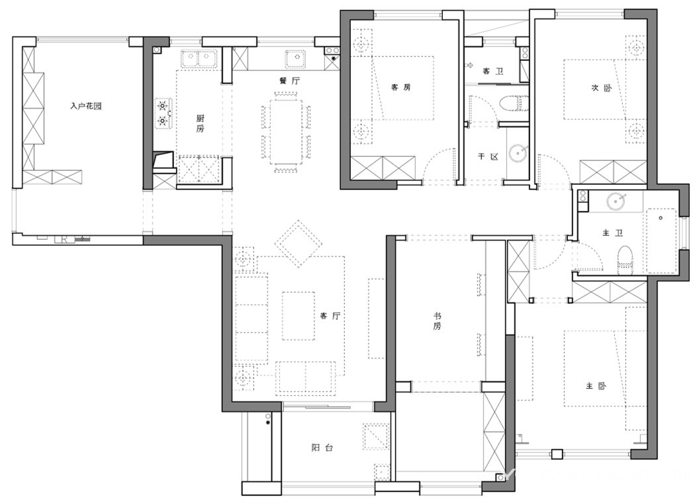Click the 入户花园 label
[x=86, y=106]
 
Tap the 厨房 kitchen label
[x=201, y=123]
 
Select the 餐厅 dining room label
[x=289, y=81]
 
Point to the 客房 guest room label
[x=400, y=87]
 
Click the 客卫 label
[x=493, y=71]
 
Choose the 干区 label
[x=488, y=156]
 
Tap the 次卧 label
[x=601, y=87]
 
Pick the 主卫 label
[x=612, y=232]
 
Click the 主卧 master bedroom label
[x=596, y=386]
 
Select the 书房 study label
[x=438, y=321]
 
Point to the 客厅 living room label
[x=330, y=316]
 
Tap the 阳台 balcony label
[x=322, y=448]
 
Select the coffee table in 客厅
[x=299, y=315]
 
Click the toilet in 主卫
[x=626, y=258]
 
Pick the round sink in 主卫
[x=616, y=201]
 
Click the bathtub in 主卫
[x=661, y=240]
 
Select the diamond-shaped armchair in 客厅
[x=299, y=243]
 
